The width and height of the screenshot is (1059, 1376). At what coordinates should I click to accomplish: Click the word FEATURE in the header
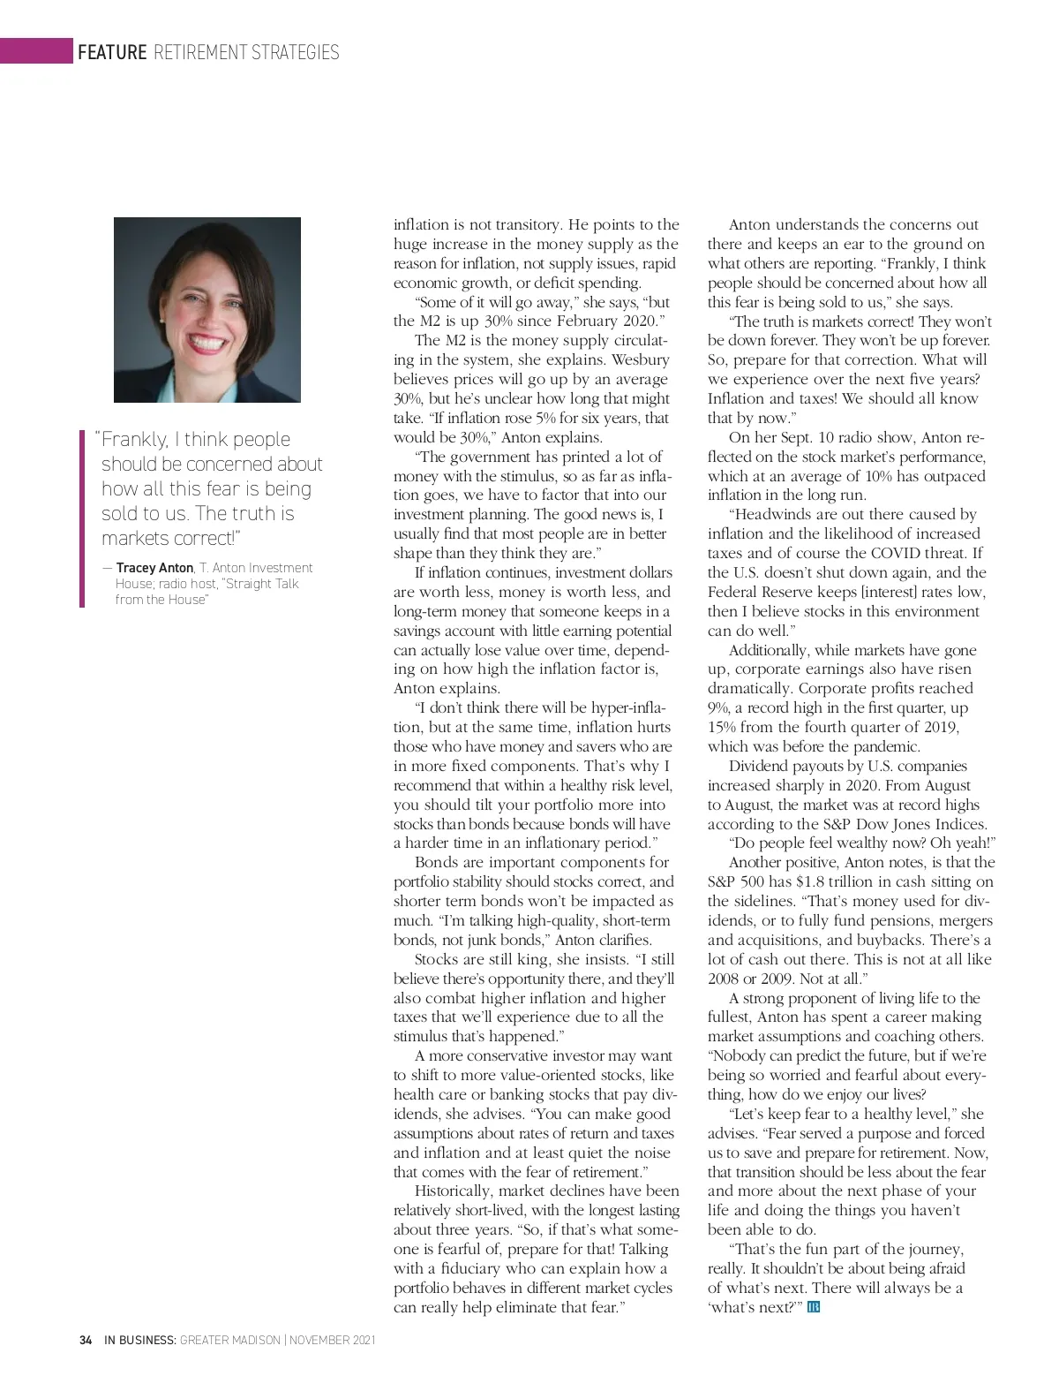pos(112,52)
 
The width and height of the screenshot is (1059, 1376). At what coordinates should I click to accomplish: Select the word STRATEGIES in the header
pos(295,52)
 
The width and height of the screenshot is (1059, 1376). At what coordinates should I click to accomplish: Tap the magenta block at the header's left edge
pos(36,50)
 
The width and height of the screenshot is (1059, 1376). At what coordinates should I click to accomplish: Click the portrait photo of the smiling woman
pos(207,310)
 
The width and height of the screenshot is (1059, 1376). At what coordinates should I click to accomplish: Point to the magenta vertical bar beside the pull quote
pos(82,518)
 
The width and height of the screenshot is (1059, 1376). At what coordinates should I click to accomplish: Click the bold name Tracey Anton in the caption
pos(154,568)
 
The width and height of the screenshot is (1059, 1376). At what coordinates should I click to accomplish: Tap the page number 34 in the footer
pos(86,1340)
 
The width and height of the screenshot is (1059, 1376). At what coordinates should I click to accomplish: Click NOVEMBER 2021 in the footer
pos(332,1340)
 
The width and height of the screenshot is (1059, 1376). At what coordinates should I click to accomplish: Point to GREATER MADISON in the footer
pos(229,1340)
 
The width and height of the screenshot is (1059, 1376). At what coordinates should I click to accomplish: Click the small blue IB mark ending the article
pos(813,1306)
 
